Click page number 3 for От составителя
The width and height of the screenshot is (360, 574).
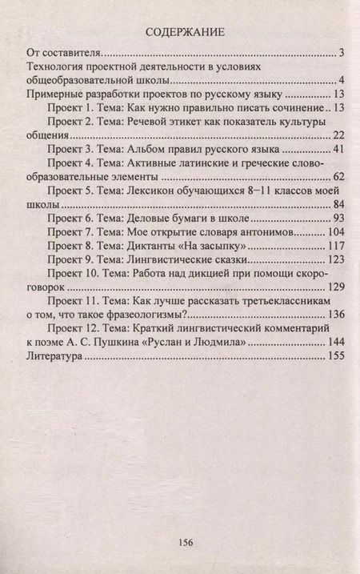coord(341,54)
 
